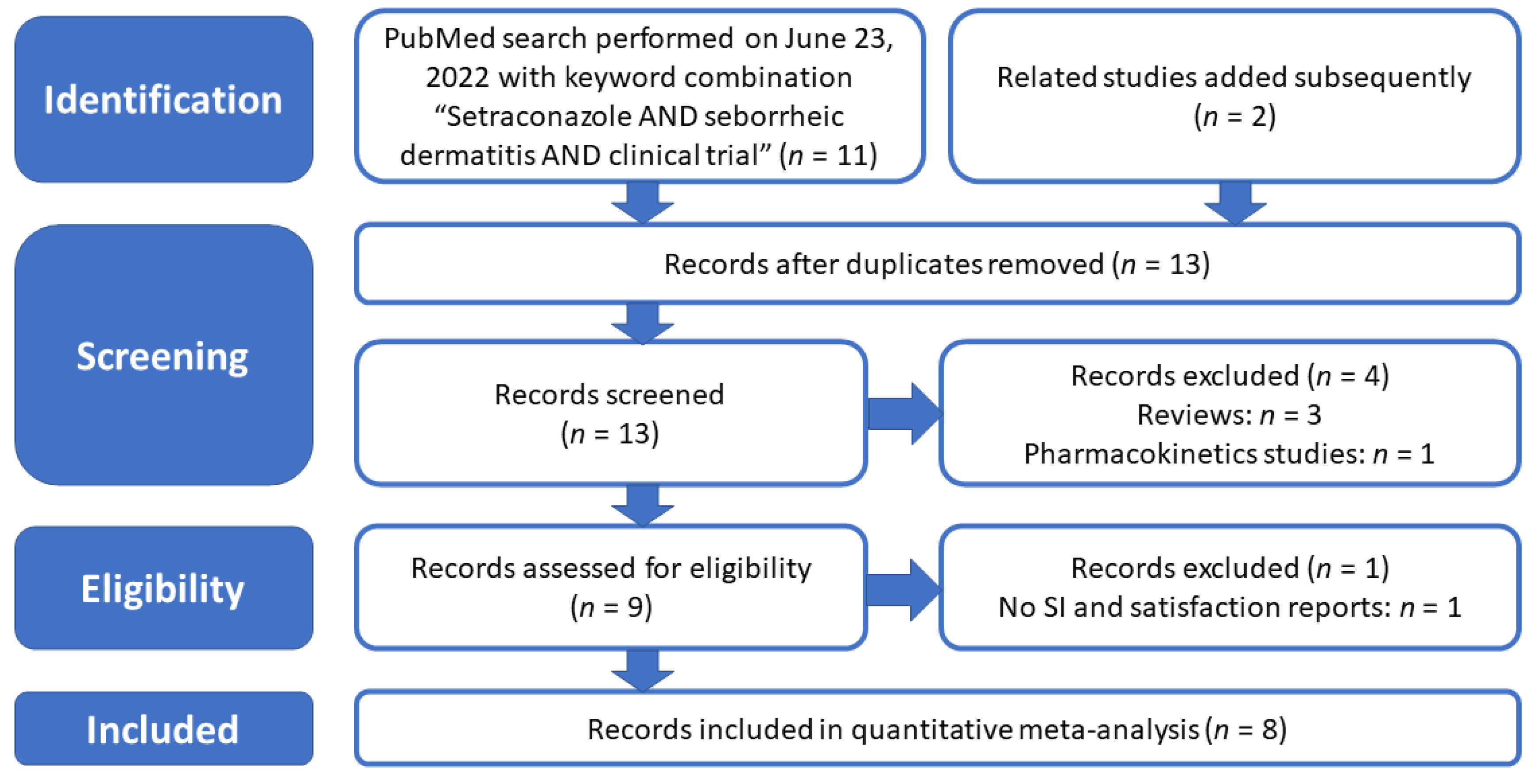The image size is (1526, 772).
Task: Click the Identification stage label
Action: click(163, 99)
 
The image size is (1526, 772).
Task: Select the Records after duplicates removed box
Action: click(937, 264)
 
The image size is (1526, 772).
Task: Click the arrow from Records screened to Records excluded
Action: click(905, 413)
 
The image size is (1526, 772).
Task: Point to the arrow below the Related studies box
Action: click(1235, 203)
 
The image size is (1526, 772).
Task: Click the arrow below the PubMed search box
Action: click(643, 203)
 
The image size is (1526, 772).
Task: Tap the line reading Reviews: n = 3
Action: click(1229, 414)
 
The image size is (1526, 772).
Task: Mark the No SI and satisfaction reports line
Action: click(1230, 607)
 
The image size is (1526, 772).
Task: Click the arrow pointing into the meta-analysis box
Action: click(643, 670)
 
